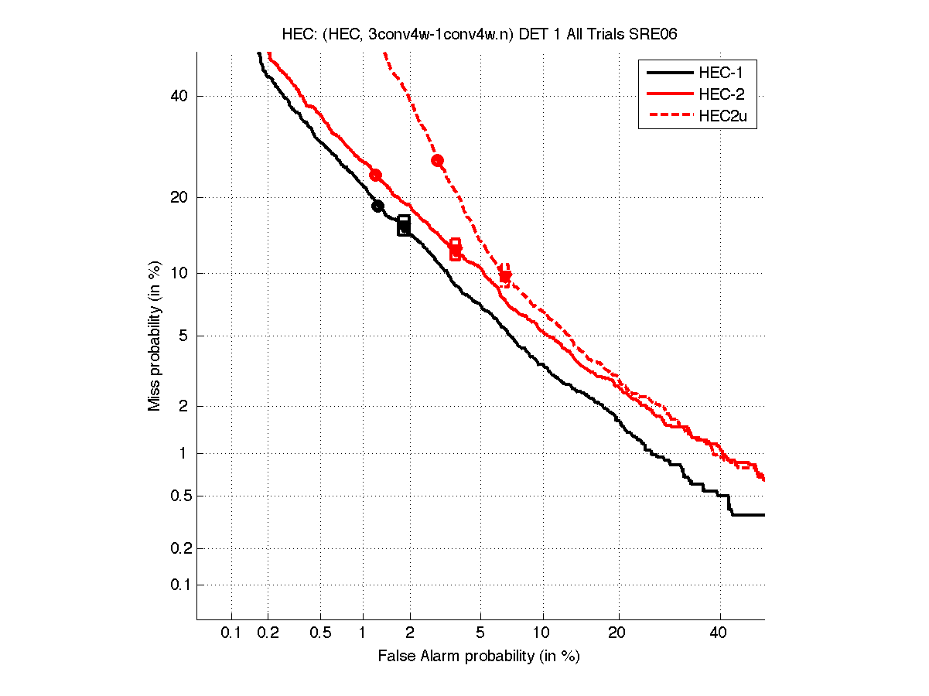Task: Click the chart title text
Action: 480,35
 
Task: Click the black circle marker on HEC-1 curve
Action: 377,206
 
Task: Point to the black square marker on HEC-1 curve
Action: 404,225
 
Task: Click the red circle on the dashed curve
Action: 437,161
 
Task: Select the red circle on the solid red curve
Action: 375,176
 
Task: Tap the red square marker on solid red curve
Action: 455,249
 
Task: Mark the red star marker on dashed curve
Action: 505,276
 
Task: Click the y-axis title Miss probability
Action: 155,336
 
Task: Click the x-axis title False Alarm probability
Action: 479,657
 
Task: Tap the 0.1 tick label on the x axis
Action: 231,633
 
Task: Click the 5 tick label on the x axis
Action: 480,633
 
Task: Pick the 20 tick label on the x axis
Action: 616,633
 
